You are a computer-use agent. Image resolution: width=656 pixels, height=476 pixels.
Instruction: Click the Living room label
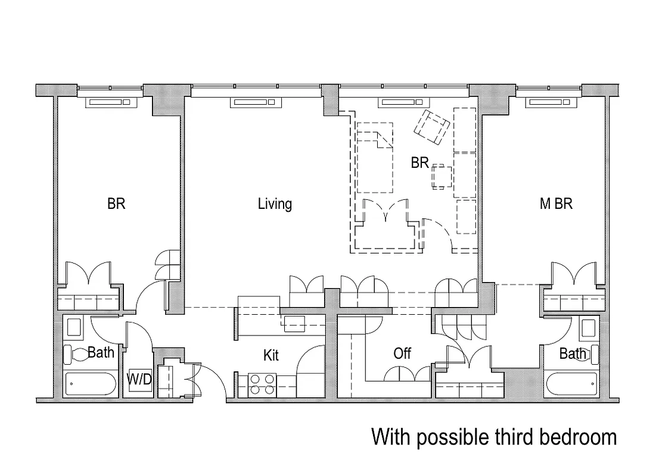point(275,204)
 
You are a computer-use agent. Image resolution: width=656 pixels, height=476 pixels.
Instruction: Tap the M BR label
point(555,204)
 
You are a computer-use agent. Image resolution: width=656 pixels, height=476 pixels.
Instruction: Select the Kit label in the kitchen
point(271,356)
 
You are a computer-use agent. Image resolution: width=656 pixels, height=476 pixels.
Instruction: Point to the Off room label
point(402,354)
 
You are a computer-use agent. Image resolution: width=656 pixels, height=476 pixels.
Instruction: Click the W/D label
point(139,380)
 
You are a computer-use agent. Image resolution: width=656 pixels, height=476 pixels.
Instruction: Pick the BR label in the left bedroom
point(116,204)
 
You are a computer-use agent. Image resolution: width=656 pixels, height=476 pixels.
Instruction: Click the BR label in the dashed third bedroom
point(419,162)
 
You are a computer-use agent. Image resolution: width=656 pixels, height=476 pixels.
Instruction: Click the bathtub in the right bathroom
point(572,384)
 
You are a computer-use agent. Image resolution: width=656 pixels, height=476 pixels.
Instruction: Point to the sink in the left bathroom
point(74,328)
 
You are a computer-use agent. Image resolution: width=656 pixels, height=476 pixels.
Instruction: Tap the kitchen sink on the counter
point(294,324)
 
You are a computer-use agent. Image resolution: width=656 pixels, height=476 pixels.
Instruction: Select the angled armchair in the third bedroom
point(432,127)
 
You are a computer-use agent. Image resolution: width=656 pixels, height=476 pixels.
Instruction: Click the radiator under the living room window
point(256,103)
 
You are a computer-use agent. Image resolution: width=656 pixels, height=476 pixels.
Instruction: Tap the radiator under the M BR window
point(552,103)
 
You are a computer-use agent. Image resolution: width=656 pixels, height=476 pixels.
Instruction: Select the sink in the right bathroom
point(588,328)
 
